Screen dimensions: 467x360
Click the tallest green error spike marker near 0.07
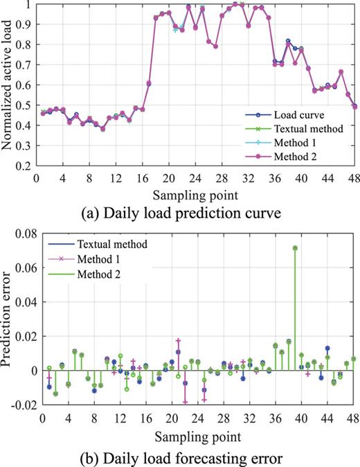[x=295, y=248]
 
